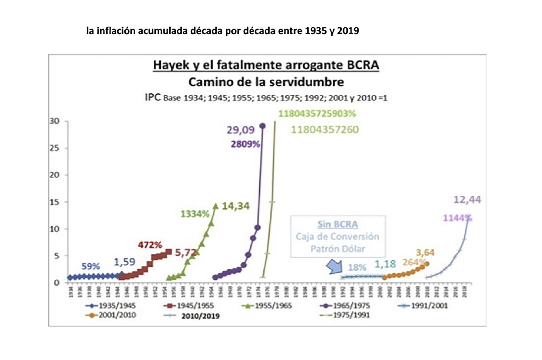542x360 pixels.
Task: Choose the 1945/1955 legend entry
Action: [x=189, y=306]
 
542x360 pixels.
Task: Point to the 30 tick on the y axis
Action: [x=54, y=121]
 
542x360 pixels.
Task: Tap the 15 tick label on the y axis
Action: [x=54, y=202]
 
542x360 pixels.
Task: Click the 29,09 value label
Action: [x=241, y=130]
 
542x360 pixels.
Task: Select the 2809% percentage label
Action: [x=245, y=144]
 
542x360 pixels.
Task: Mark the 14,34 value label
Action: [x=236, y=206]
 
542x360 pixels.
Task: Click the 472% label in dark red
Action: [x=150, y=245]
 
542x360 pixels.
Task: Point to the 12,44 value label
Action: [x=467, y=200]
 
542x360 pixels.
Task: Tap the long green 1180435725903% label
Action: [x=317, y=114]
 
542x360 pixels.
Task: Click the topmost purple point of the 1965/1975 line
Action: [x=262, y=126]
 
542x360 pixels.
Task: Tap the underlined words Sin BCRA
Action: [x=338, y=224]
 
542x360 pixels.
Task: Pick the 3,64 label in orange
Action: [x=425, y=252]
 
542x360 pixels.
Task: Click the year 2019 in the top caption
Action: [x=348, y=30]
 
